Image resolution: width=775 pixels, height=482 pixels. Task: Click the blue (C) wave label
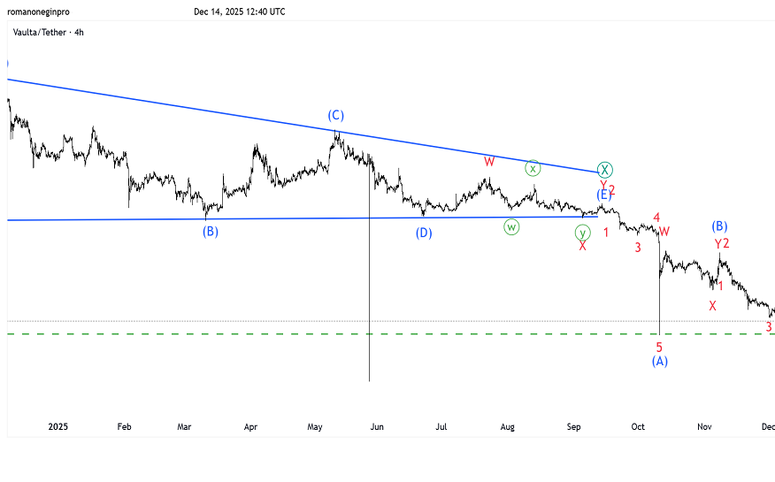(335, 115)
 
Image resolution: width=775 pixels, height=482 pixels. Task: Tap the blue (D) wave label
(425, 233)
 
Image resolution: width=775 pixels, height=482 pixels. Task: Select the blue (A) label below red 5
(660, 361)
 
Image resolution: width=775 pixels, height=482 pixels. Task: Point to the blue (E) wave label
(603, 195)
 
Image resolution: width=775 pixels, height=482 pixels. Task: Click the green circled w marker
(511, 226)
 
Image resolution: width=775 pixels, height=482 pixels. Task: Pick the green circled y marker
(582, 233)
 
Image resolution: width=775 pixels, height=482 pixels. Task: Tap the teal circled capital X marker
(604, 169)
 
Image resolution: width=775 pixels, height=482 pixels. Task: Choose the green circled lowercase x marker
(533, 168)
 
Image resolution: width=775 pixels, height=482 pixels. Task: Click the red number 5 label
(659, 347)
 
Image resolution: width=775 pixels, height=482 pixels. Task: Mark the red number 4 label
(656, 218)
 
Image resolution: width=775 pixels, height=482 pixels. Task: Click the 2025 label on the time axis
(58, 427)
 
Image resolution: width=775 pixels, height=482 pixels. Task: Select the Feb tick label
(124, 427)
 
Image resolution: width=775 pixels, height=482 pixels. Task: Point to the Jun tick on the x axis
(377, 427)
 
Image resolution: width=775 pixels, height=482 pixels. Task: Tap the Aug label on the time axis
(507, 427)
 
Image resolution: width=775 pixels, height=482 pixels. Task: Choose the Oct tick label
(638, 427)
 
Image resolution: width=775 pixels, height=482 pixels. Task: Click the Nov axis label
(704, 427)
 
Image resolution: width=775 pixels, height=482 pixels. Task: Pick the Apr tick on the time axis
(250, 427)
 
